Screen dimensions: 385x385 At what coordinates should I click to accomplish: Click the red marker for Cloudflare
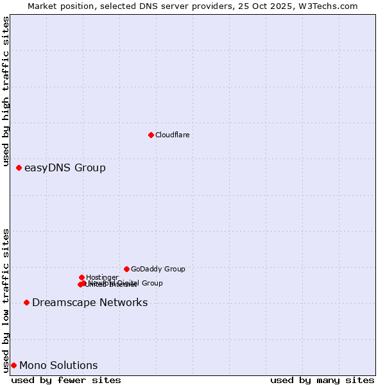[x=151, y=135]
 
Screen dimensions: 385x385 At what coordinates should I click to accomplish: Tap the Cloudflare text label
[x=172, y=135]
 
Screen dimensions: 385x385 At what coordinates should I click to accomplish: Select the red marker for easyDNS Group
[x=19, y=167]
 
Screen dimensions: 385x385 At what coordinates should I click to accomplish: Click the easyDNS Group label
[x=65, y=168]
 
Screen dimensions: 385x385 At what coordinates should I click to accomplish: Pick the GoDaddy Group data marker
[x=126, y=269]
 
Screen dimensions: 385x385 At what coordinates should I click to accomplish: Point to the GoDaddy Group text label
[x=158, y=269]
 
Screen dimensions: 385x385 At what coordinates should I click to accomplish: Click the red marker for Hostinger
[x=81, y=277]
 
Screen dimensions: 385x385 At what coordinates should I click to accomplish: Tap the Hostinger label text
[x=102, y=277]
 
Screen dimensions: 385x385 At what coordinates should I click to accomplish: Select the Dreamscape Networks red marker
[x=26, y=302]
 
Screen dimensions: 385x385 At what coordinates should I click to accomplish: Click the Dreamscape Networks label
[x=90, y=303]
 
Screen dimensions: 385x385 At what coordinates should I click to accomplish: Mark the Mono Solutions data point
[x=13, y=365]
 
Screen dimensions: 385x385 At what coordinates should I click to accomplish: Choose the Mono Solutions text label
[x=58, y=366]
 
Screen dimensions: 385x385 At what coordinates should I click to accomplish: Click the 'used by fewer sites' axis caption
[x=66, y=380]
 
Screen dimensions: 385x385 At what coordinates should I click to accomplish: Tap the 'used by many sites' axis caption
[x=322, y=380]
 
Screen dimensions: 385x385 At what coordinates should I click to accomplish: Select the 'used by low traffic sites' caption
[x=6, y=300]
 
